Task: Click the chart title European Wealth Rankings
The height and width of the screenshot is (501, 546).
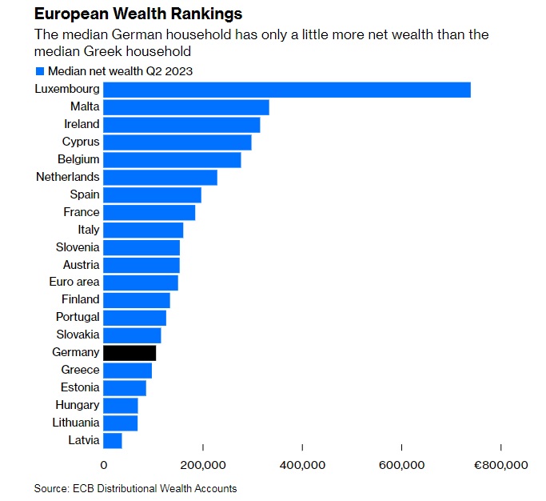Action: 138,14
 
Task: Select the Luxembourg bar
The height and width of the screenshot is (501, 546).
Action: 287,89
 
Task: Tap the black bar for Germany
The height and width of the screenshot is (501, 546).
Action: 130,352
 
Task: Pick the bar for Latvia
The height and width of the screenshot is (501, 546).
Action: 113,440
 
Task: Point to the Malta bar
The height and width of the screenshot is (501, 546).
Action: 186,106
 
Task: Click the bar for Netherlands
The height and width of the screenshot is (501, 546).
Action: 160,177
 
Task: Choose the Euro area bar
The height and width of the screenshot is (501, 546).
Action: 141,282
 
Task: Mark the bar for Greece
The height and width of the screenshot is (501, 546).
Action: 128,370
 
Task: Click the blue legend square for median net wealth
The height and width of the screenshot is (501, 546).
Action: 39,70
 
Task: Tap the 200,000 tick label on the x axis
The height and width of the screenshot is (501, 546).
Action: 203,465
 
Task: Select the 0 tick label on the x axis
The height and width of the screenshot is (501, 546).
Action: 104,465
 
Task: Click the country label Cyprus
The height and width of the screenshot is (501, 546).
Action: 81,142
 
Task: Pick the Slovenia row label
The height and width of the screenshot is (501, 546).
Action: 78,247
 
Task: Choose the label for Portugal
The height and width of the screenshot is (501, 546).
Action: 78,317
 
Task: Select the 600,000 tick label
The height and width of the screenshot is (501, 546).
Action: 401,465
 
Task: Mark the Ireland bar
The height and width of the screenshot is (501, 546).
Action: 181,124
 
